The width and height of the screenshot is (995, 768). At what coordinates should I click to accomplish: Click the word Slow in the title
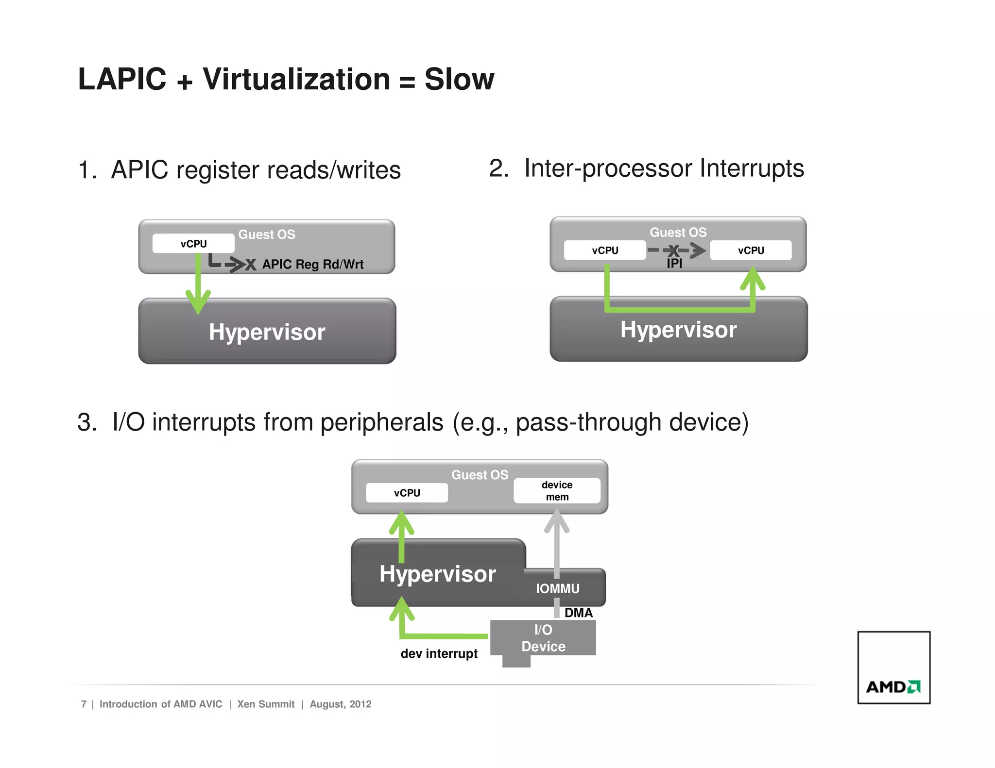coord(459,79)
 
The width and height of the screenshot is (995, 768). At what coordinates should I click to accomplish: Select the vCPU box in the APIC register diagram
coord(193,244)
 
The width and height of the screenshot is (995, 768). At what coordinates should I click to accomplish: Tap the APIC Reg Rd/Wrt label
coord(312,265)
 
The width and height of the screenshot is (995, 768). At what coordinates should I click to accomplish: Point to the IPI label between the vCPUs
coord(674,264)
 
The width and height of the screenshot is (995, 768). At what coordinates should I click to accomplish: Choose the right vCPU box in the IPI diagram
coord(750,250)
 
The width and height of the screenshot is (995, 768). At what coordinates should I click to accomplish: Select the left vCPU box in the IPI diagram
coord(604,250)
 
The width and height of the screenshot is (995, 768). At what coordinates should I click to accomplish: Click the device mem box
coord(557,491)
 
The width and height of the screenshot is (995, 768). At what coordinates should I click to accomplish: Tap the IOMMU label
coord(557,589)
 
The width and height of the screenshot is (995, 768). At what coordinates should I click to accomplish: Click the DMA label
coord(578,613)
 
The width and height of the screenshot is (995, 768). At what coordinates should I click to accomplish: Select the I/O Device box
coord(543,638)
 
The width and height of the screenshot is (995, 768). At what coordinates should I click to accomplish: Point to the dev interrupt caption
coord(439,654)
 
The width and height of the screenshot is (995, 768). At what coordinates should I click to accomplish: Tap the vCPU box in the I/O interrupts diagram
coord(407,493)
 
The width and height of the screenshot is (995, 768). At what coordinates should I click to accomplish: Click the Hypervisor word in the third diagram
coord(437,574)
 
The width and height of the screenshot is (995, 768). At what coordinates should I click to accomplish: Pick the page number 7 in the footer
coord(84,704)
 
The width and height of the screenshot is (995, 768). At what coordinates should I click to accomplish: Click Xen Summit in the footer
coord(266,704)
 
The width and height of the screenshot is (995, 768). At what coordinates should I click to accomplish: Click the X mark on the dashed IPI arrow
coord(673,250)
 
